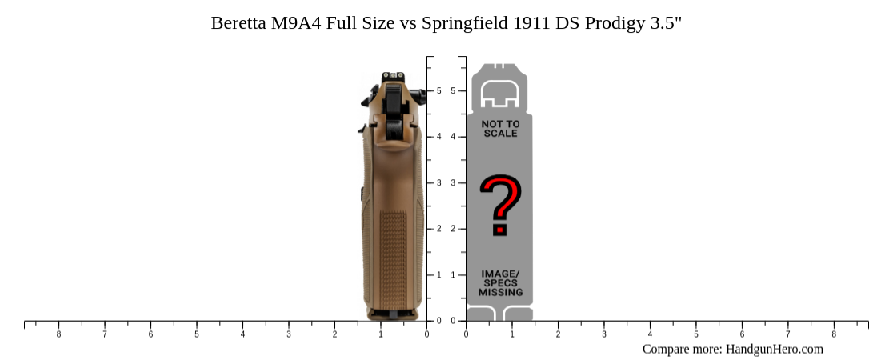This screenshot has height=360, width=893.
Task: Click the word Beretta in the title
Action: click(238, 23)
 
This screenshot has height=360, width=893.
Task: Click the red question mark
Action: click(500, 206)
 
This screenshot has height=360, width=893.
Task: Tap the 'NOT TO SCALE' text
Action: click(500, 129)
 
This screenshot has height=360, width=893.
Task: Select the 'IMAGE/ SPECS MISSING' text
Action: click(500, 283)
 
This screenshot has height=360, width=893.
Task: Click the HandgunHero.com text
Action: click(775, 349)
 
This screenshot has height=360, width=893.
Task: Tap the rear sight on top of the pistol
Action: click(392, 78)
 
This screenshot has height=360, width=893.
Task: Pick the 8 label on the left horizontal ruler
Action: click(58, 334)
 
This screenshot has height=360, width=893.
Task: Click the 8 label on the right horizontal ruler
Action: click(834, 334)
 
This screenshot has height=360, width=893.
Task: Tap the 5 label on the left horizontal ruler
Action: click(197, 334)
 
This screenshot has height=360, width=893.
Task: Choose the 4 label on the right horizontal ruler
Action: click(650, 334)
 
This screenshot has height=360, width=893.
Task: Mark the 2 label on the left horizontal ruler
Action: click(335, 334)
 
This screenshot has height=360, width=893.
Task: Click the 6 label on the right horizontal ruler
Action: click(742, 334)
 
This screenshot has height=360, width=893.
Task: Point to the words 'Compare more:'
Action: click(682, 349)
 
